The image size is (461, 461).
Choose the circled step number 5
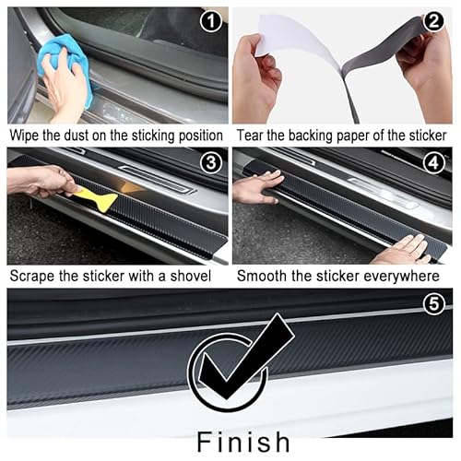(435, 301)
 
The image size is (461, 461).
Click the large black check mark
(234, 364)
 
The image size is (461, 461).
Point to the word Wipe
(26, 135)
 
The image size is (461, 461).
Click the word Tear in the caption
(253, 135)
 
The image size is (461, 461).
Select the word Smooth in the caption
(262, 276)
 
